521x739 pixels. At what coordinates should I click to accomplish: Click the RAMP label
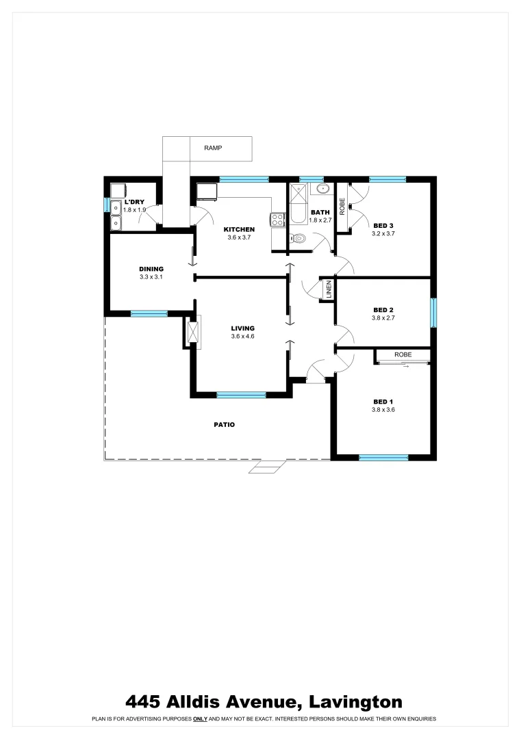(x=213, y=148)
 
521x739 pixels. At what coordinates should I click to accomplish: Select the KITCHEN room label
(x=240, y=229)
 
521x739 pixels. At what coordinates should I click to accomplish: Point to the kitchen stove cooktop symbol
(x=278, y=220)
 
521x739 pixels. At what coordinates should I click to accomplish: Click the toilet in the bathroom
(x=297, y=239)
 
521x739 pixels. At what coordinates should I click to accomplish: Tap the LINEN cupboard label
(x=329, y=289)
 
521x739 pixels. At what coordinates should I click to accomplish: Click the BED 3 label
(x=383, y=225)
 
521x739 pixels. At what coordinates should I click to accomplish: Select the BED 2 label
(x=383, y=309)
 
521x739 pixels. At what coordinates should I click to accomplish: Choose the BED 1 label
(x=383, y=402)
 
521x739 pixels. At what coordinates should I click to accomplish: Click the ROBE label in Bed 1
(x=403, y=355)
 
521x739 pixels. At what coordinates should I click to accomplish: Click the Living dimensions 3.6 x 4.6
(x=242, y=337)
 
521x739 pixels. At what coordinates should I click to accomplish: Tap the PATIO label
(x=224, y=425)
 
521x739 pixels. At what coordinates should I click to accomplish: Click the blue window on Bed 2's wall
(x=433, y=313)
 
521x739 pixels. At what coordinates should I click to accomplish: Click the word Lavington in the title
(x=355, y=701)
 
